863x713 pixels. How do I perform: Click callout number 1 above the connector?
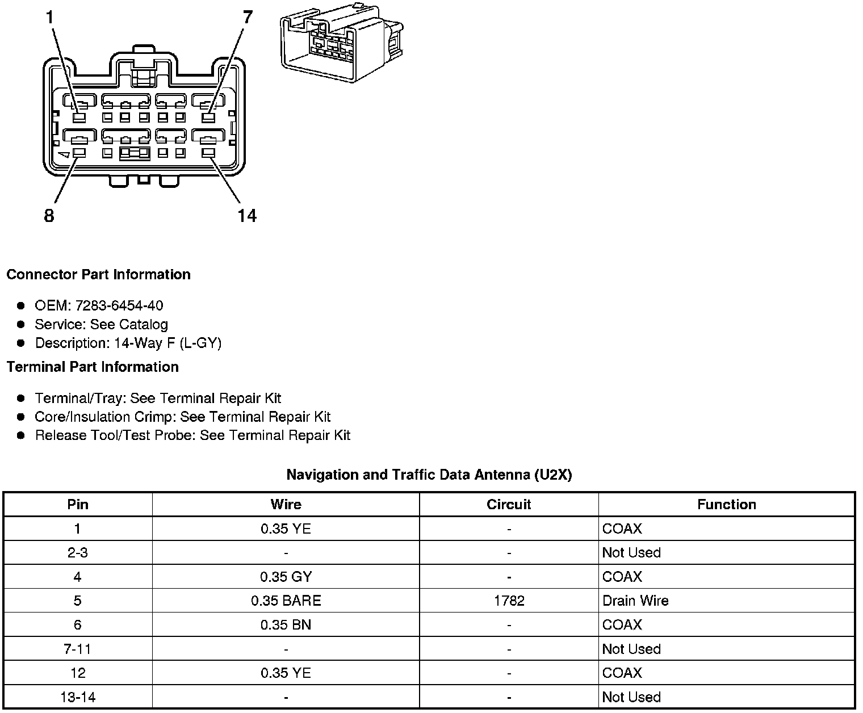49,18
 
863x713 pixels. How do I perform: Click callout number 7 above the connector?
247,18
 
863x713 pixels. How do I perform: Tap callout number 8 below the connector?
49,216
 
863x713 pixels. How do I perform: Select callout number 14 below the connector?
247,216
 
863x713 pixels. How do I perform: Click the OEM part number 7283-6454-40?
119,305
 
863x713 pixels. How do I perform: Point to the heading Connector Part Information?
98,275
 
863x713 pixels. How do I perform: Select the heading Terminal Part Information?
93,367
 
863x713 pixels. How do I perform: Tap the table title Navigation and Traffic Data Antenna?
429,475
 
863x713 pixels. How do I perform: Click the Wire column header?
286,505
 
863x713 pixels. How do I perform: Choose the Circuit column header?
509,505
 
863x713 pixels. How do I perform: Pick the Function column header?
727,505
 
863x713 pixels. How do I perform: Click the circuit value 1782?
509,601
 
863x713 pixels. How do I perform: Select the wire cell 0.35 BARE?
286,601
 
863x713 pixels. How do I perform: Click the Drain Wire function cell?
635,601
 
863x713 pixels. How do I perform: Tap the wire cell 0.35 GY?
286,577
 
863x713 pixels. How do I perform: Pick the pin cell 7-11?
77,649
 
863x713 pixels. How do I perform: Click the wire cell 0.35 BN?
286,625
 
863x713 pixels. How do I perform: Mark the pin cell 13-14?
77,697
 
